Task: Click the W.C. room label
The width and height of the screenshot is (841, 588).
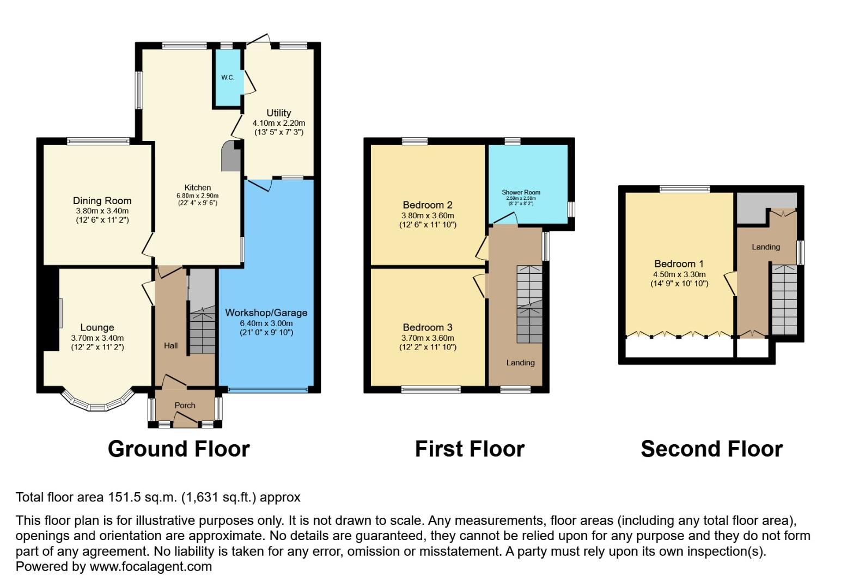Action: (228, 77)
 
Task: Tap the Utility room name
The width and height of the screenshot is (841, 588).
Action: (278, 113)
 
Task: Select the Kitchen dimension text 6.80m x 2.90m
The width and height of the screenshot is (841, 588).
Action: (197, 195)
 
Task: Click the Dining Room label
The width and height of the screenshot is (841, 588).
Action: (102, 200)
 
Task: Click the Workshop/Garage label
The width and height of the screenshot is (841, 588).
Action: (266, 313)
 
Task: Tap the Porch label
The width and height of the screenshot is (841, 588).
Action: (185, 405)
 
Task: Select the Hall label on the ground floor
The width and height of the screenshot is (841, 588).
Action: (171, 345)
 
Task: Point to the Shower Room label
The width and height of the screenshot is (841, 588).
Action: (521, 192)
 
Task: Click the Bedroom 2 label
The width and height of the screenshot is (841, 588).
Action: (428, 205)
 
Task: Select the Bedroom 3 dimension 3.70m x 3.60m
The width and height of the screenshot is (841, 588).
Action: (428, 338)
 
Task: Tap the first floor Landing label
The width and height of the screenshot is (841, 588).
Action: (520, 363)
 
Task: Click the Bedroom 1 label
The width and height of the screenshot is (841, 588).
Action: (679, 264)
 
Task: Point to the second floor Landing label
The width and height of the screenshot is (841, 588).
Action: (765, 247)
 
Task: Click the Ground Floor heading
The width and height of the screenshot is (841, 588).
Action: (179, 449)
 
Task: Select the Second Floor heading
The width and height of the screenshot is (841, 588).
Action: (711, 449)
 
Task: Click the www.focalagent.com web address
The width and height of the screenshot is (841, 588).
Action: (151, 566)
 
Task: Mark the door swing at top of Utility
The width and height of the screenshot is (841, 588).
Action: (259, 39)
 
